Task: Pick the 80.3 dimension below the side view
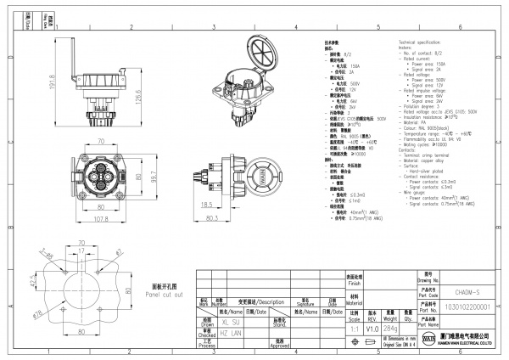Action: pyautogui.click(x=236, y=218)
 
